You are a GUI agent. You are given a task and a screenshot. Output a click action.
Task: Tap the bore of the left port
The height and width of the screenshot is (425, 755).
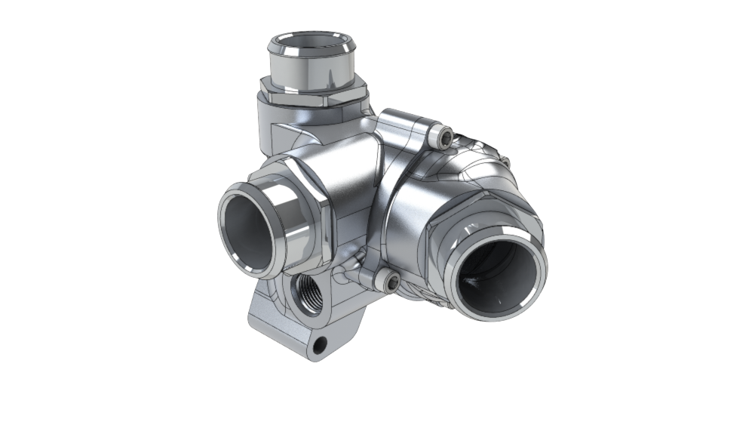pos(249,229)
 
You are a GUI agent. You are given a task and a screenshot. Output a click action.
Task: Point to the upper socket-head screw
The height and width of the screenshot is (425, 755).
pos(443,137)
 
